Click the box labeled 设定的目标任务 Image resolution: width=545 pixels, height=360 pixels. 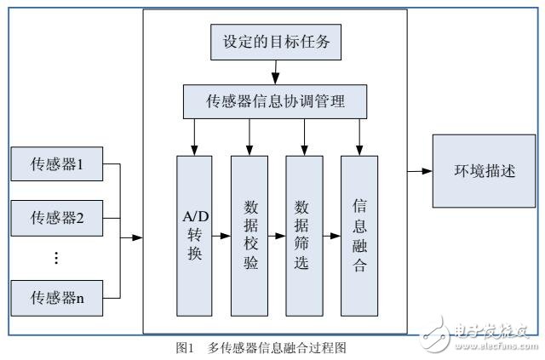(x=275, y=39)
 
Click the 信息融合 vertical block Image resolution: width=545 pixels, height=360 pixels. (x=359, y=234)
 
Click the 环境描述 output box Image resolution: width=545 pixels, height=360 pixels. (x=480, y=171)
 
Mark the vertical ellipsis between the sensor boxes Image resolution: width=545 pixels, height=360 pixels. (x=55, y=256)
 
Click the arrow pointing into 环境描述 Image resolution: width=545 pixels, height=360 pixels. (x=420, y=171)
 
